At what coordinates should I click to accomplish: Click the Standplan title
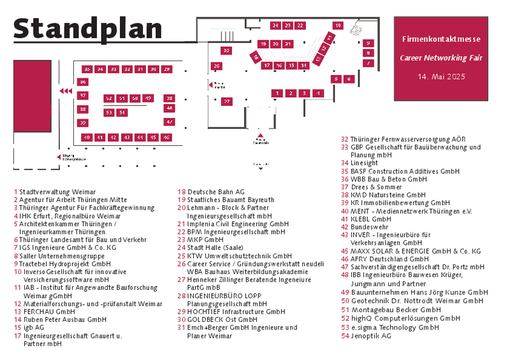(87, 28)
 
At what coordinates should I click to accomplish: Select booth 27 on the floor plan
(226, 101)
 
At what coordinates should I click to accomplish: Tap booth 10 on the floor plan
(338, 25)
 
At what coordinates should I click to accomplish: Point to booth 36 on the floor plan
(82, 82)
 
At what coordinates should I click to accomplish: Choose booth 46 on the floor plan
(166, 137)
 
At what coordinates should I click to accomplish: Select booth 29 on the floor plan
(166, 69)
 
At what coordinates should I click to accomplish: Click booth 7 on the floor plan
(368, 63)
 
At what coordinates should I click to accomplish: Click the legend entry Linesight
(364, 163)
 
